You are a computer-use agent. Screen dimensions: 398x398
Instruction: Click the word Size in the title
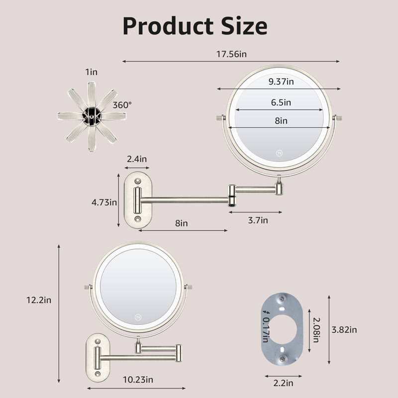[x=244, y=26]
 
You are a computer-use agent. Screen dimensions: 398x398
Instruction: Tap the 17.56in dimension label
[x=231, y=54]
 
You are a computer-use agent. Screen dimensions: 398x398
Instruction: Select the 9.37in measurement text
[x=281, y=82]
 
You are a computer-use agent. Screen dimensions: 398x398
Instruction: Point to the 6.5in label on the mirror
[x=281, y=102]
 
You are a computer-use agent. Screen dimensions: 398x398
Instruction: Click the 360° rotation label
[x=122, y=105]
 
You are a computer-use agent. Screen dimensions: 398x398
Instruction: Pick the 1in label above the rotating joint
[x=91, y=72]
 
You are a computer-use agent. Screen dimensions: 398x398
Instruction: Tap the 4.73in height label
[x=104, y=202]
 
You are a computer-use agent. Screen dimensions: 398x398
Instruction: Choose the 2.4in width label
[x=137, y=159]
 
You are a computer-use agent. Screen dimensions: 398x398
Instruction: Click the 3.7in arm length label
[x=258, y=220]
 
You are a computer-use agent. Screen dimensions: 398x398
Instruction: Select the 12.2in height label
[x=39, y=300]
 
